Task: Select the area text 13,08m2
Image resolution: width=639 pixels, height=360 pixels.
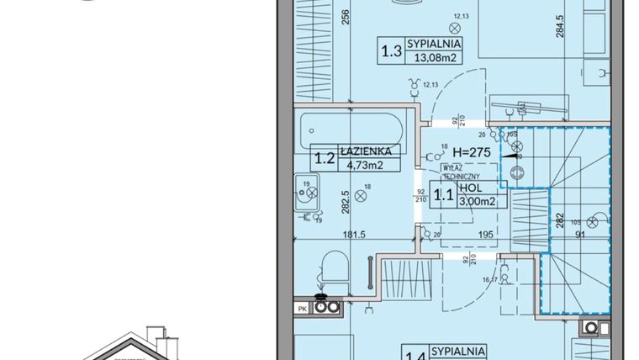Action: [434, 58]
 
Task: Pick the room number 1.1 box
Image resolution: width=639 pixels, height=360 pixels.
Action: [442, 196]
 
